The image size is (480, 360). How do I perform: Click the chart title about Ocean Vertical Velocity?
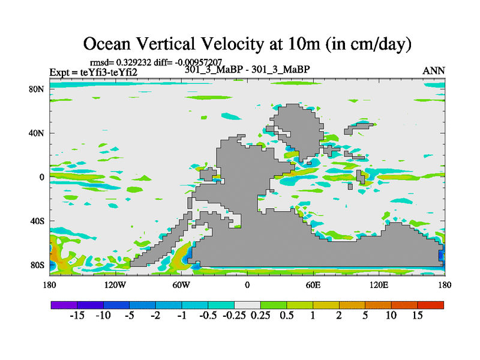[247, 43]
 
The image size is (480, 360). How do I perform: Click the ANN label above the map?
[434, 70]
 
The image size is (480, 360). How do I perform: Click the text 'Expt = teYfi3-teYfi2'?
[93, 73]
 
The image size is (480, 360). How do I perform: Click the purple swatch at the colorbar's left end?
[64, 305]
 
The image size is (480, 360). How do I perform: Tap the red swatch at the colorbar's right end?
[431, 305]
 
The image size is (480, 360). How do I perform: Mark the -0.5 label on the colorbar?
[207, 316]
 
